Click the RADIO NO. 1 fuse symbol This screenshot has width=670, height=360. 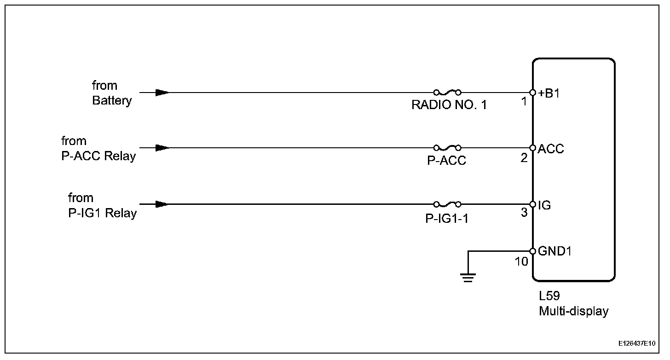[x=447, y=92]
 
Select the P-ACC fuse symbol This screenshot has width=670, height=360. [x=447, y=148]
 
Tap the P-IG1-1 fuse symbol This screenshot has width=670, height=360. [x=447, y=204]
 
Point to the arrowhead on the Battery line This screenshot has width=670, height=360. [x=162, y=93]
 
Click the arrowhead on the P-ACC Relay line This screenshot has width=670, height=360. [x=162, y=148]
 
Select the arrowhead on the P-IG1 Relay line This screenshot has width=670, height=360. [x=162, y=204]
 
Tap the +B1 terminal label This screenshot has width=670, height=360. [x=549, y=93]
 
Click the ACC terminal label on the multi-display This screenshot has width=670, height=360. [x=551, y=149]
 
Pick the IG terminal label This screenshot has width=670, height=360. [x=544, y=205]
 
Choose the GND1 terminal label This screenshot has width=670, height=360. [x=554, y=251]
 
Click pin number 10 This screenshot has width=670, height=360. [x=521, y=261]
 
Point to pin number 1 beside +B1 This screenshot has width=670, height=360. [x=524, y=102]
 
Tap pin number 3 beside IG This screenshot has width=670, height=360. [x=524, y=214]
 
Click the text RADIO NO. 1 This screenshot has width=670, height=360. [x=449, y=105]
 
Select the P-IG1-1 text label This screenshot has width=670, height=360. [x=447, y=217]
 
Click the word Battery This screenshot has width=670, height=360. [x=112, y=100]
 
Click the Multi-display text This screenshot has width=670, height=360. [x=573, y=311]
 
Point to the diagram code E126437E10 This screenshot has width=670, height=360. [x=637, y=343]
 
